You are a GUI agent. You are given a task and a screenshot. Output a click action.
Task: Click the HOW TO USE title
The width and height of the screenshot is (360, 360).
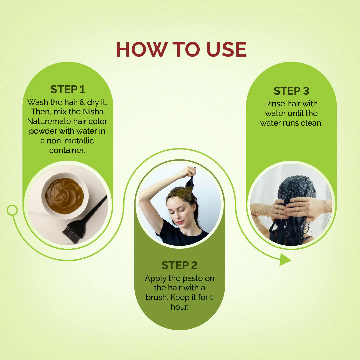(x=181, y=49)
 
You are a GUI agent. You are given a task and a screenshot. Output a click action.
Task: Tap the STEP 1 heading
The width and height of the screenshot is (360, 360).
(x=68, y=89)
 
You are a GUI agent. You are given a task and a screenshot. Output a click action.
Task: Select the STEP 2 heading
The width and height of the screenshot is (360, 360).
(x=180, y=265)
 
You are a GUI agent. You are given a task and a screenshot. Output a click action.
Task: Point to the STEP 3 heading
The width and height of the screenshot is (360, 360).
(x=291, y=91)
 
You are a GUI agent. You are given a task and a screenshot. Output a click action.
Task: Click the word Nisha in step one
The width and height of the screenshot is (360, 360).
(x=93, y=112)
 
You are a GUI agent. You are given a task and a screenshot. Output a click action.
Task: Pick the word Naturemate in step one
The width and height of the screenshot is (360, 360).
(x=46, y=121)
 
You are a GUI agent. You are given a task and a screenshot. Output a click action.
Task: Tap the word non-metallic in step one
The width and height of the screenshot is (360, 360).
(x=70, y=141)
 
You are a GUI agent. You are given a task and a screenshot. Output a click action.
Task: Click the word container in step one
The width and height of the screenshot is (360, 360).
(x=67, y=150)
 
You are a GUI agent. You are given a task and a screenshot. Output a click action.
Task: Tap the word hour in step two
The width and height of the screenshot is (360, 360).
(x=179, y=307)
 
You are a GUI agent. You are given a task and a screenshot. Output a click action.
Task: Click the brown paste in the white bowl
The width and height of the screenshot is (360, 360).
(x=64, y=196)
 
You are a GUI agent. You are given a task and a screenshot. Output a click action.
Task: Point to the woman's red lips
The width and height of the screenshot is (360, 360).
(x=180, y=222)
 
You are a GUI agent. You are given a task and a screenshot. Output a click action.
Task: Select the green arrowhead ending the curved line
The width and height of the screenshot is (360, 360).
(x=285, y=260)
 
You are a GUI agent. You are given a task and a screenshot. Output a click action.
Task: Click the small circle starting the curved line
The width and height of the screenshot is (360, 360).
(x=12, y=210)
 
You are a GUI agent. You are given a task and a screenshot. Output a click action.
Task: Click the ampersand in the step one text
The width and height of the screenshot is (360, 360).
(x=82, y=102)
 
